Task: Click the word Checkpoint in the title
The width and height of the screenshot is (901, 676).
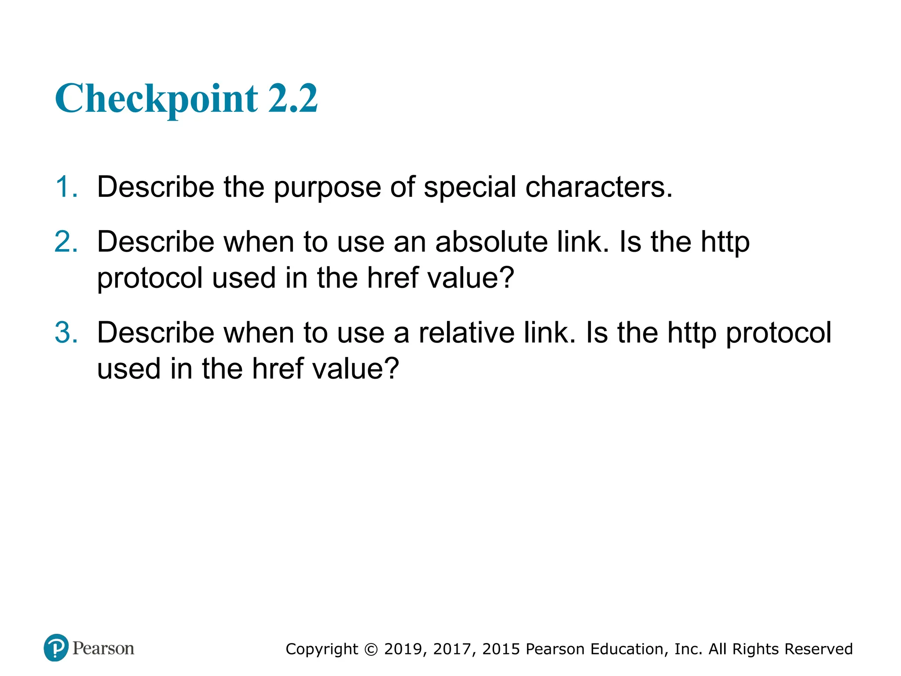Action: [156, 99]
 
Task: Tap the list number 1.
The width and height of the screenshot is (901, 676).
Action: [66, 187]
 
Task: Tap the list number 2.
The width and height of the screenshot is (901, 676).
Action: [66, 242]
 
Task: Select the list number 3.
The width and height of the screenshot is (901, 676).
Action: [66, 332]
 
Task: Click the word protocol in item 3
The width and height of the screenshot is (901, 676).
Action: [778, 333]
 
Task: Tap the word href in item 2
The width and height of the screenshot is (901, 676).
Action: [392, 278]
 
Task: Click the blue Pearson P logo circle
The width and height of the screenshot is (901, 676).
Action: [56, 648]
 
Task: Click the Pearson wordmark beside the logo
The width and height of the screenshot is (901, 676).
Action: [103, 648]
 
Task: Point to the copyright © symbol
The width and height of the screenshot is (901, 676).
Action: [371, 650]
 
